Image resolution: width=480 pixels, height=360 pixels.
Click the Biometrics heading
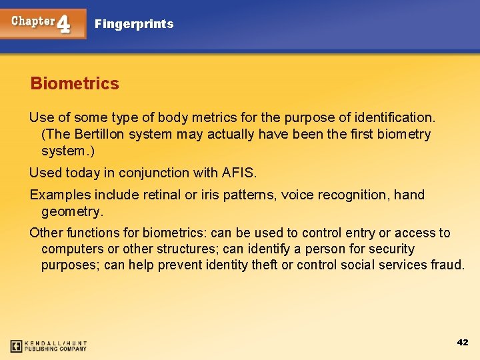[75, 84]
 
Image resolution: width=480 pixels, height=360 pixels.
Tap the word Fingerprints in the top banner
[134, 24]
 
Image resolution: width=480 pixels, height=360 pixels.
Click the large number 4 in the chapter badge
[64, 23]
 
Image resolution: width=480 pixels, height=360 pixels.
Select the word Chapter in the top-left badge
[33, 21]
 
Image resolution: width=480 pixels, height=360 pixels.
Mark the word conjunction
[165, 173]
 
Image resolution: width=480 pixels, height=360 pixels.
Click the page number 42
[463, 342]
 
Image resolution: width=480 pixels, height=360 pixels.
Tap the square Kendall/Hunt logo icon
[16, 346]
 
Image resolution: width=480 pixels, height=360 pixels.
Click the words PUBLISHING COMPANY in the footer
[56, 349]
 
